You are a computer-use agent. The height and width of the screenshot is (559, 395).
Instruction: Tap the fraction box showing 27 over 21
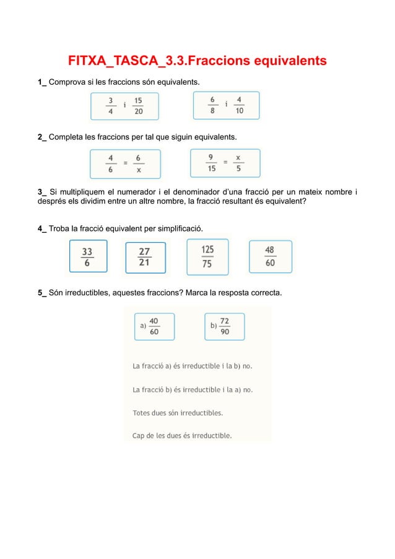[145, 257]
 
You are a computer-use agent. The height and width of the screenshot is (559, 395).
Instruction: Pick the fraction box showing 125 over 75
[207, 257]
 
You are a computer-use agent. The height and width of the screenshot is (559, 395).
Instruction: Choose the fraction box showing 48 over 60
[270, 256]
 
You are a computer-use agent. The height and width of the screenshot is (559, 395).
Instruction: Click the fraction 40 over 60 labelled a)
[154, 326]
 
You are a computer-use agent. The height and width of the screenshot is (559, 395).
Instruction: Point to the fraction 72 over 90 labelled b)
[225, 326]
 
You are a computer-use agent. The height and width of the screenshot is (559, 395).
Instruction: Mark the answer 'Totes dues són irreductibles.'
[178, 412]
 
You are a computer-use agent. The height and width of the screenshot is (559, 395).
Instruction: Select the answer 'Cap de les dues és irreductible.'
[182, 435]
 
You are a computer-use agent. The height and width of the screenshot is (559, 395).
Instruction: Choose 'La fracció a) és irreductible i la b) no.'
[193, 366]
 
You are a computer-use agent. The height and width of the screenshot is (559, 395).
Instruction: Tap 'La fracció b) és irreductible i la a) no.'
[193, 389]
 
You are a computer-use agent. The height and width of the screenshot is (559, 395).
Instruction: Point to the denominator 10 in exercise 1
[239, 112]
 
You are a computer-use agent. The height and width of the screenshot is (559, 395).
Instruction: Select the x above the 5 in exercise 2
[238, 157]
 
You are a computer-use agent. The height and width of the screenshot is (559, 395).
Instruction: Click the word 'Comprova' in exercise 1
[67, 82]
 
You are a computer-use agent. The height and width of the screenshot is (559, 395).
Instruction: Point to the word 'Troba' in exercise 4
[59, 229]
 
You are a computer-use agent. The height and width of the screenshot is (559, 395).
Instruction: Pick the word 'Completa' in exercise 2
[66, 136]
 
